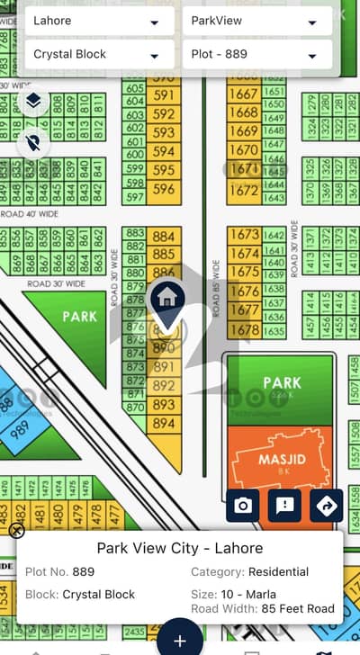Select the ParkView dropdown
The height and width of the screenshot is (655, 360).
click(256, 21)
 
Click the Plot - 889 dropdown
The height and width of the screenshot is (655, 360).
click(256, 55)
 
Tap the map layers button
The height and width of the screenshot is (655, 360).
click(33, 101)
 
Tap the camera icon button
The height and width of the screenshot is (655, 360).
click(243, 506)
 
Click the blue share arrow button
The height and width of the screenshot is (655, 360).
click(326, 506)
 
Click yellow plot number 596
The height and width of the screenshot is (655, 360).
click(164, 190)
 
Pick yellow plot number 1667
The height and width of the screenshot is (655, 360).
click(243, 94)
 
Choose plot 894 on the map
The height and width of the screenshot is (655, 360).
click(164, 424)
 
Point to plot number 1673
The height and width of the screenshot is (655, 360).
click(243, 234)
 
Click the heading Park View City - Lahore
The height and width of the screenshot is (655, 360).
click(179, 548)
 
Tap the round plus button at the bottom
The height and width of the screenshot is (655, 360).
click(179, 640)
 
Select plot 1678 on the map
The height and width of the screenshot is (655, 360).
click(243, 330)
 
